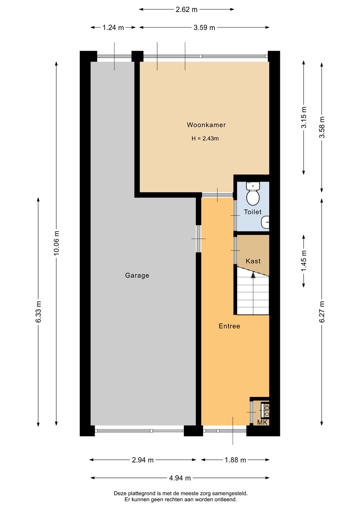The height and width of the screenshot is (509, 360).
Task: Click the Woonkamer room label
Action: click(x=206, y=125)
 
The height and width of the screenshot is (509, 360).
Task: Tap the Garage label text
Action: click(x=137, y=276)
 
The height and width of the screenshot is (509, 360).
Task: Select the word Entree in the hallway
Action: click(x=229, y=326)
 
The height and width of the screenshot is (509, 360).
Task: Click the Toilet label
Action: click(x=253, y=212)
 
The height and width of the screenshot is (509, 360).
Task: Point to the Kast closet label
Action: click(x=253, y=261)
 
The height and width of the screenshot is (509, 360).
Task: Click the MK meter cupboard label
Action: click(x=262, y=422)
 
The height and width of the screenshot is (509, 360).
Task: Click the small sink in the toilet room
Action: click(x=266, y=222)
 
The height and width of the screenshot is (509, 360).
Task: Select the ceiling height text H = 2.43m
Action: click(x=205, y=138)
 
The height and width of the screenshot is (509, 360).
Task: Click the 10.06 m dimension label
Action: click(x=56, y=243)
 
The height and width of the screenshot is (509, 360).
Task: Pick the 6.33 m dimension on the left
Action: click(x=38, y=312)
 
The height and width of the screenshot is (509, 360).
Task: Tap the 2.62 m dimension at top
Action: click(x=187, y=9)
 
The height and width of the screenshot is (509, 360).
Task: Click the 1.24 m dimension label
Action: click(x=113, y=27)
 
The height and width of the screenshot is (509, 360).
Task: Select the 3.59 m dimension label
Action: click(x=204, y=27)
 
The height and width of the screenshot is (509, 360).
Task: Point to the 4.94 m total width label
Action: click(x=180, y=478)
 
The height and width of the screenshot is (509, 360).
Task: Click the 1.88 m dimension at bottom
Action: click(x=235, y=460)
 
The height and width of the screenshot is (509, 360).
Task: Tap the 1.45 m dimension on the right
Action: click(x=304, y=261)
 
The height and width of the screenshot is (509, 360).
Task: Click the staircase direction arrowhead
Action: click(x=253, y=275)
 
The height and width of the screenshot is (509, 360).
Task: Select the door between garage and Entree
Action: click(x=199, y=239)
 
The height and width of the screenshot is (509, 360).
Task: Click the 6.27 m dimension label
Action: click(x=322, y=312)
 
